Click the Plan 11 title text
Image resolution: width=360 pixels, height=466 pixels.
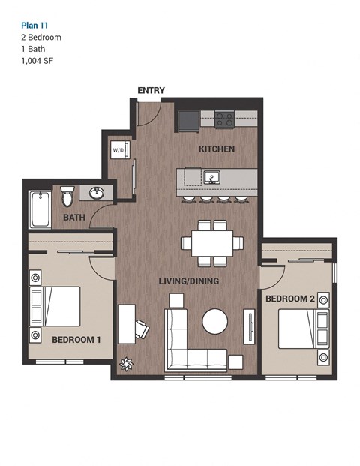(x=34, y=24)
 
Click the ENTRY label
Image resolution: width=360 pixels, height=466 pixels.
(x=151, y=90)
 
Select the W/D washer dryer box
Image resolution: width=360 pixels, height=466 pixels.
(x=119, y=149)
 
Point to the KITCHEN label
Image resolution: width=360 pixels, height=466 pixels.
(x=216, y=149)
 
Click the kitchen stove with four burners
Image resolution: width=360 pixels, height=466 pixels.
(x=225, y=119)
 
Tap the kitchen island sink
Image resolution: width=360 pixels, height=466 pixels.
(x=212, y=178)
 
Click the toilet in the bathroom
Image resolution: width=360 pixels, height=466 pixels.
(x=67, y=197)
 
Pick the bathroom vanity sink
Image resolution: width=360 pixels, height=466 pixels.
(x=96, y=193)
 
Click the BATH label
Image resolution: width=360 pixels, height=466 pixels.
(x=73, y=218)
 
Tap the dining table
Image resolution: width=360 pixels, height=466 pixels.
(x=212, y=243)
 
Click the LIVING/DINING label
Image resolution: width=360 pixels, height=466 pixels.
(x=188, y=281)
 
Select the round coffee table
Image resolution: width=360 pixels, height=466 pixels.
(x=214, y=322)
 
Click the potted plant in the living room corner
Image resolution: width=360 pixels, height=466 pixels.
(x=125, y=365)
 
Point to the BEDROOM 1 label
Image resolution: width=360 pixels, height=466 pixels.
(x=76, y=340)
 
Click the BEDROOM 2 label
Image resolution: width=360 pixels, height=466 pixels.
(x=289, y=299)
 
